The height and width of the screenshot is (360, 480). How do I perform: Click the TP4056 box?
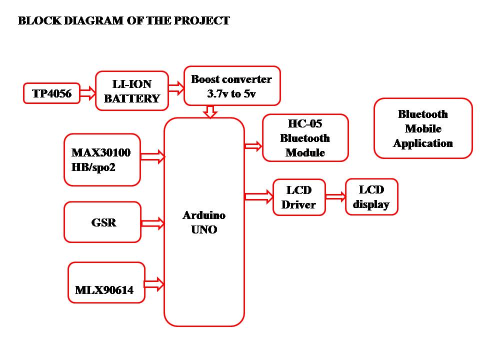pyautogui.click(x=51, y=93)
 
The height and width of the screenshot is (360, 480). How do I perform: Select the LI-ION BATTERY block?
pyautogui.click(x=132, y=91)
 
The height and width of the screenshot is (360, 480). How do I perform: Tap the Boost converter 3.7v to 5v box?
pyautogui.click(x=232, y=86)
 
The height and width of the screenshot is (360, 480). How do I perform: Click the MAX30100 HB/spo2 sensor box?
pyautogui.click(x=102, y=160)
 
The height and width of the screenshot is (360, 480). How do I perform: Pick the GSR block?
pyautogui.click(x=102, y=222)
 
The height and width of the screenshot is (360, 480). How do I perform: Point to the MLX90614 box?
pyautogui.click(x=106, y=282)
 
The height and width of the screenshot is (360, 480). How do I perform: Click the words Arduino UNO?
pyautogui.click(x=204, y=222)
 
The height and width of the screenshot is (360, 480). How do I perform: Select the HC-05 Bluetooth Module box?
pyautogui.click(x=305, y=138)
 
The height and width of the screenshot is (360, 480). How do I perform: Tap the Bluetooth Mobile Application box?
pyautogui.click(x=423, y=128)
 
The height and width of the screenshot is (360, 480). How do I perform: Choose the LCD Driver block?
pyautogui.click(x=299, y=197)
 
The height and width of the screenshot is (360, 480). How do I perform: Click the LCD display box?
pyautogui.click(x=371, y=197)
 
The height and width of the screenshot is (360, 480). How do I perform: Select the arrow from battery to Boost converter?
pyautogui.click(x=176, y=88)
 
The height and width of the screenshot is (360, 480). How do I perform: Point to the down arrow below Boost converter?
pyautogui.click(x=210, y=111)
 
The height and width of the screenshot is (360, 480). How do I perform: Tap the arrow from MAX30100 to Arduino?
pyautogui.click(x=153, y=156)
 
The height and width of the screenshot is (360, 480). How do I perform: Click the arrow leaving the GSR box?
pyautogui.click(x=153, y=223)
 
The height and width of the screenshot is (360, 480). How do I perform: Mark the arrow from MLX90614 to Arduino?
pyautogui.click(x=154, y=284)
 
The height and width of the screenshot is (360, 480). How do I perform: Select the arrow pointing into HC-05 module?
pyautogui.click(x=253, y=146)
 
